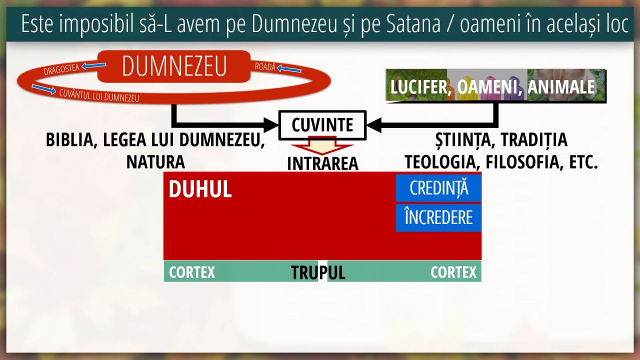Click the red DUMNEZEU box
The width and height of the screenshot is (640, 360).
[174, 66]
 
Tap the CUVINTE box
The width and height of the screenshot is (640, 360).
[322, 125]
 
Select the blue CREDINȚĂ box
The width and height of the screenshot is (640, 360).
[438, 188]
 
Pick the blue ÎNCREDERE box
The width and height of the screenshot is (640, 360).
[438, 217]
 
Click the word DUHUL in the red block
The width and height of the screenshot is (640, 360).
[200, 189]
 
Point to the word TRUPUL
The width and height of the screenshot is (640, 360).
[318, 272]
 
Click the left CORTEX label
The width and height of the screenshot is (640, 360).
[191, 272]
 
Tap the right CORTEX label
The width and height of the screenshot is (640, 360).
[453, 272]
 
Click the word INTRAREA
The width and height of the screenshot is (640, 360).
[322, 163]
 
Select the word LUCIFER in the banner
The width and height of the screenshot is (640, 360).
[418, 87]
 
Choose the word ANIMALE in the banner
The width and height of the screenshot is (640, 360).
[561, 87]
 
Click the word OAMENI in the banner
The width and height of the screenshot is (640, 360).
[487, 87]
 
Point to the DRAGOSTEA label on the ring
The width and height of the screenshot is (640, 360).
[61, 69]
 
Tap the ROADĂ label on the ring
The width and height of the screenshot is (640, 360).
[265, 66]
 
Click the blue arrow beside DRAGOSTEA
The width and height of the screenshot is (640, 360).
[93, 66]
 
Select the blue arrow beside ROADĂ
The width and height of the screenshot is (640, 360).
[289, 69]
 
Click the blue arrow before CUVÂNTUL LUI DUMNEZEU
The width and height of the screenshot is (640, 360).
[44, 89]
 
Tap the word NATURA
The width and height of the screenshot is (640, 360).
[155, 162]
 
